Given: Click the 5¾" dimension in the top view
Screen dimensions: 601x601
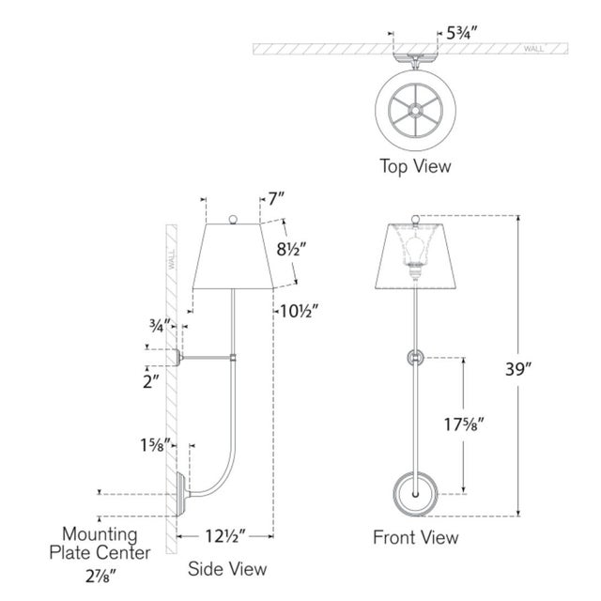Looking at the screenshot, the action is [x=461, y=34].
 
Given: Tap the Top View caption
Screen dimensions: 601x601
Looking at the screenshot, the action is [x=415, y=166].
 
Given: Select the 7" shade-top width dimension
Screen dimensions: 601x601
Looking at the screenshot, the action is [x=276, y=199].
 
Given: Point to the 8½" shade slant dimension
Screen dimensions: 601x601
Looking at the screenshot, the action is [x=291, y=250].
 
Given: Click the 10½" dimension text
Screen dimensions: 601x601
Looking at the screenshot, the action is [x=299, y=311].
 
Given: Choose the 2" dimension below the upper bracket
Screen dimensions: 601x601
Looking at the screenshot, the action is [x=150, y=382].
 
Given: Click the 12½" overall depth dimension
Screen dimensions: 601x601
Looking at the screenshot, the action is [x=225, y=536].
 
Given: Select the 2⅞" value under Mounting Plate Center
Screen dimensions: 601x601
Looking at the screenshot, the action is [x=100, y=577].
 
